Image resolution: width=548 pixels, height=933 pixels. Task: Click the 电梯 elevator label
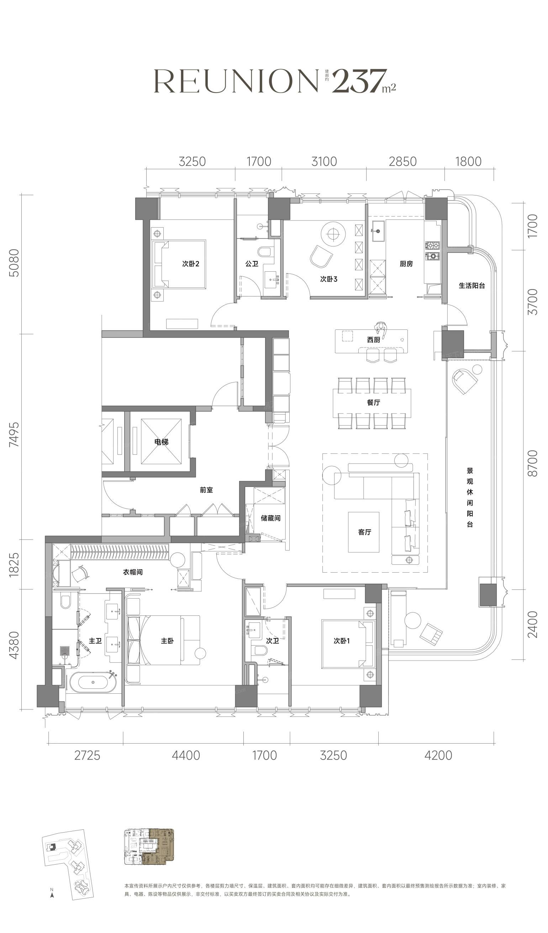[161, 442]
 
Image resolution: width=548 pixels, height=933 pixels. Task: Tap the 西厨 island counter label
[373, 339]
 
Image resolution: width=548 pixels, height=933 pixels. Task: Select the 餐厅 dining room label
[373, 402]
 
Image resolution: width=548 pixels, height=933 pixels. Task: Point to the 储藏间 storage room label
[270, 518]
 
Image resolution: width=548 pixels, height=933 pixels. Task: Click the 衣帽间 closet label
[133, 572]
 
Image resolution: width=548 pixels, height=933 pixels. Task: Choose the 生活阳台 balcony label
[472, 286]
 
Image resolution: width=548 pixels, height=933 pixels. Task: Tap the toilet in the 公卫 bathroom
[264, 252]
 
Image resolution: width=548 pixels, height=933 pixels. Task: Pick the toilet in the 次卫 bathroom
[260, 650]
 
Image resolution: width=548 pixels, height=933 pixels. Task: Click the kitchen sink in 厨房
[378, 231]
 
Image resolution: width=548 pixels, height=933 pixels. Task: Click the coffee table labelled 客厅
[363, 532]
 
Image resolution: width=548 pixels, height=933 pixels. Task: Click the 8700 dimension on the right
[532, 464]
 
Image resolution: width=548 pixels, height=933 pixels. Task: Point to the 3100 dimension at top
[324, 161]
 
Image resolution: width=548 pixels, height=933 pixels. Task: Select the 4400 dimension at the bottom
[186, 755]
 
